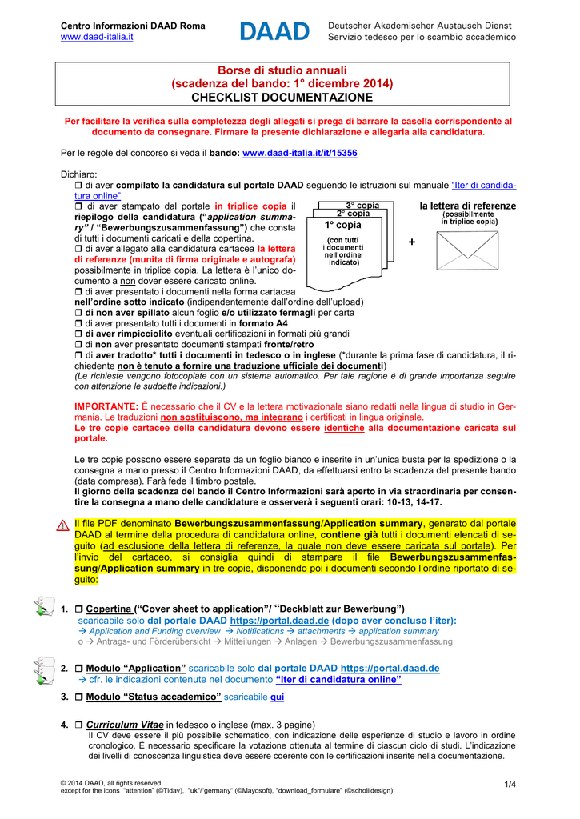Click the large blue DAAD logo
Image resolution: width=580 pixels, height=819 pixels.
tap(274, 31)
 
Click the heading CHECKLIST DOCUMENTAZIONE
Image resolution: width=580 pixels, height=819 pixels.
tap(282, 97)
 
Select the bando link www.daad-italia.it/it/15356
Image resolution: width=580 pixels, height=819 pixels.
tap(299, 152)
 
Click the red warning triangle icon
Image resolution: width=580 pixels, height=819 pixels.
tap(62, 525)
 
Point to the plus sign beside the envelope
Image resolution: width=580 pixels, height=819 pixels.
tap(412, 242)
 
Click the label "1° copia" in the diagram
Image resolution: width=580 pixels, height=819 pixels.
tap(342, 226)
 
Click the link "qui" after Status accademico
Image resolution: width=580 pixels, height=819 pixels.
tap(277, 697)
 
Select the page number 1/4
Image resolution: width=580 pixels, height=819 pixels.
tap(510, 783)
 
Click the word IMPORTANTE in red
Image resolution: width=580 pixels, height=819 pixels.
tap(106, 406)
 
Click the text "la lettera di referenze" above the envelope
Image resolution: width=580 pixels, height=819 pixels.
tap(467, 206)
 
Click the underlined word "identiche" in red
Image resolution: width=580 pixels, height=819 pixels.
tap(344, 428)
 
